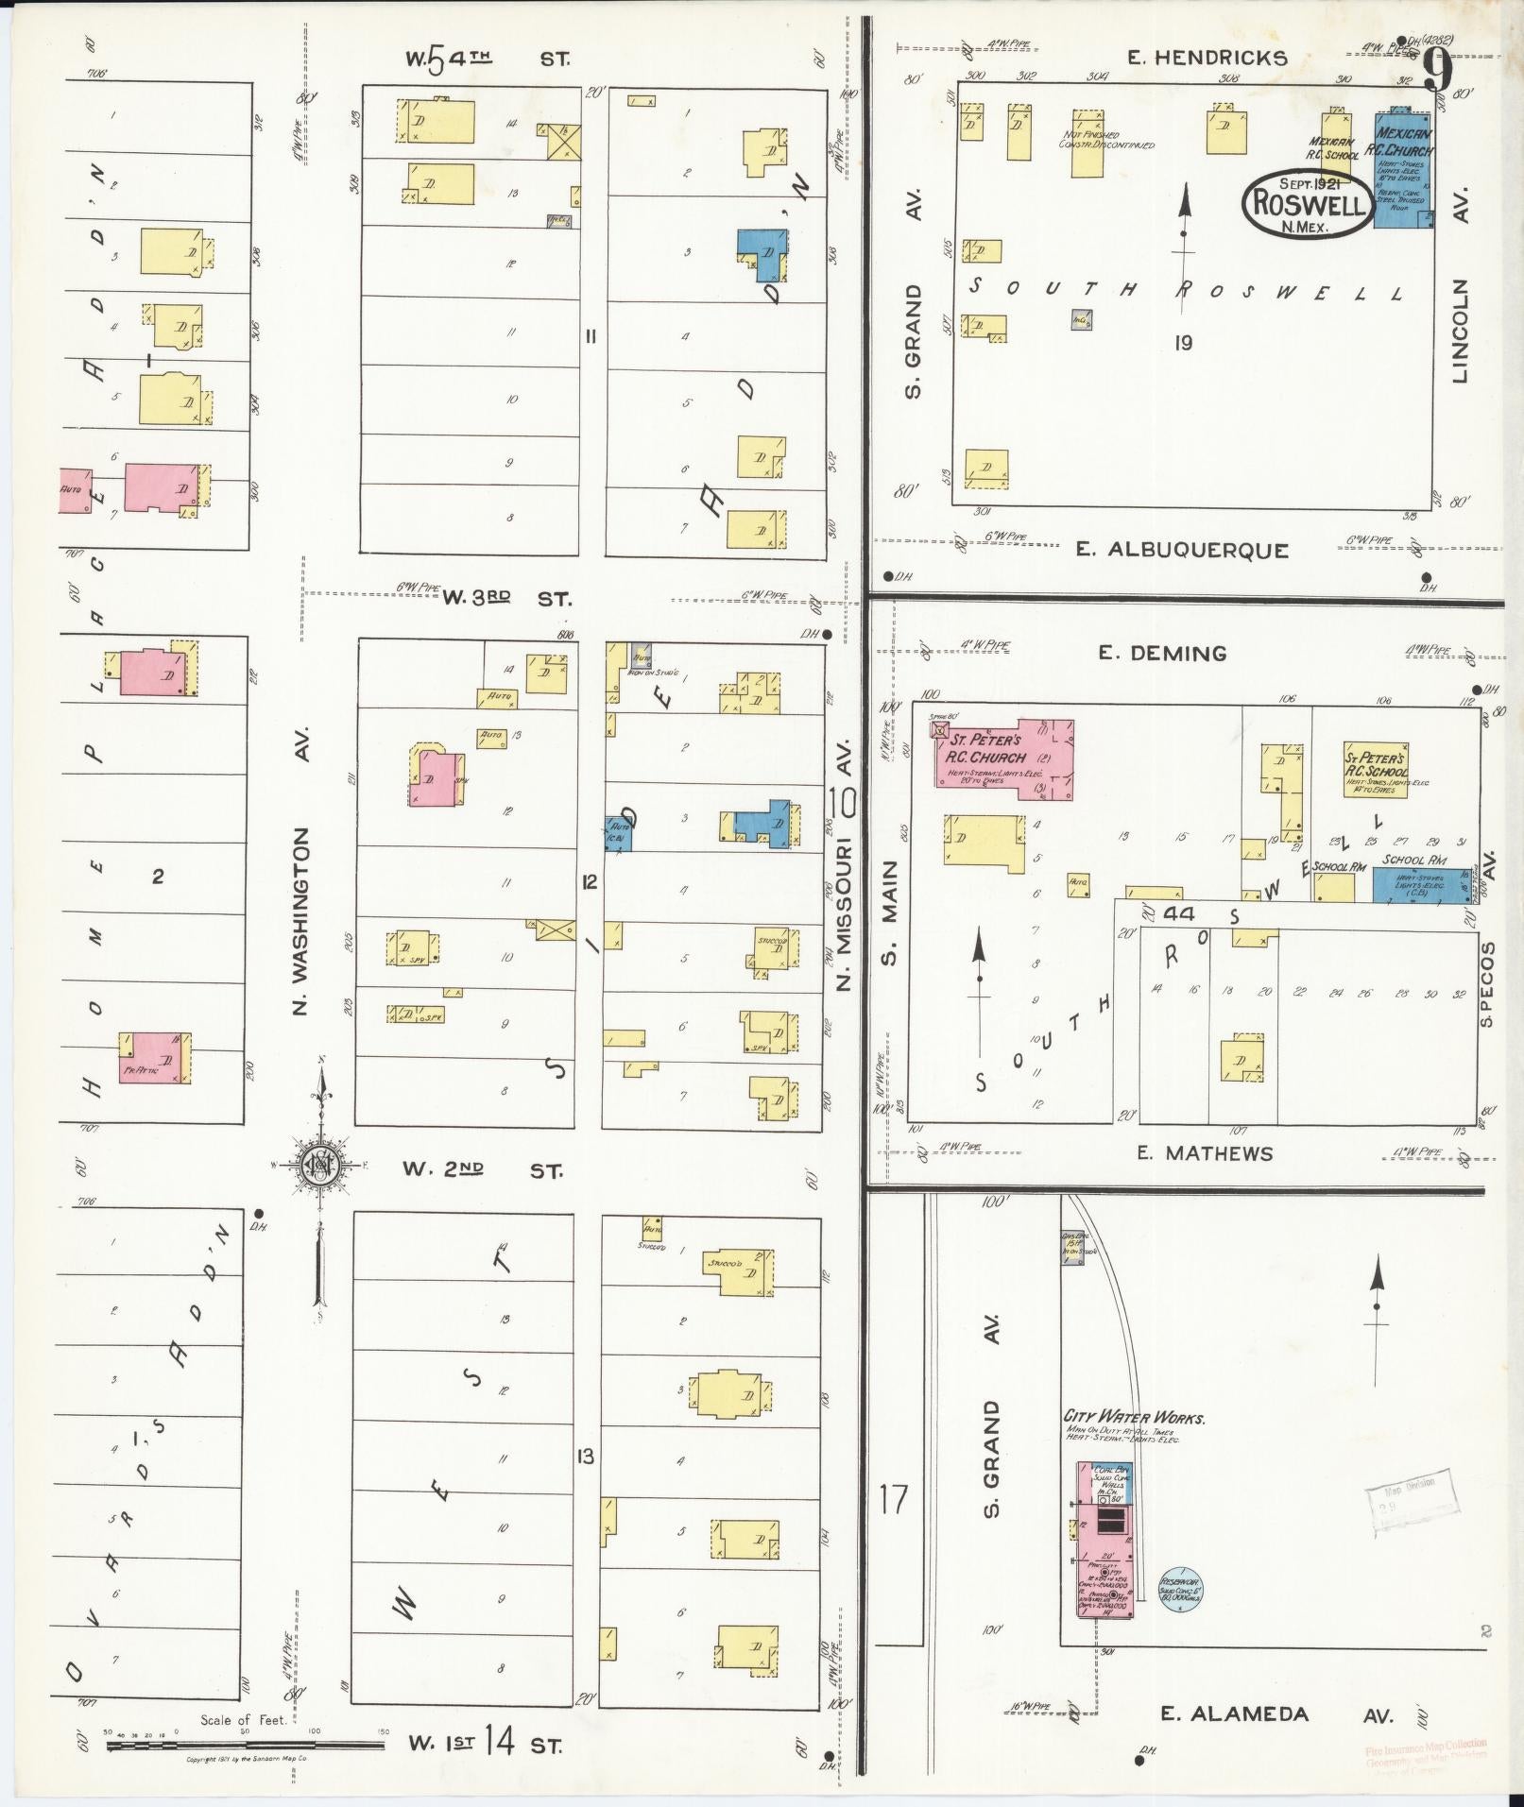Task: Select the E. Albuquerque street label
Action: [x=1181, y=550]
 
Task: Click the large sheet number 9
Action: [x=1436, y=68]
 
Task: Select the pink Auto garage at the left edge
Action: [x=74, y=490]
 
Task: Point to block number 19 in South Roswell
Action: [x=1182, y=343]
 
